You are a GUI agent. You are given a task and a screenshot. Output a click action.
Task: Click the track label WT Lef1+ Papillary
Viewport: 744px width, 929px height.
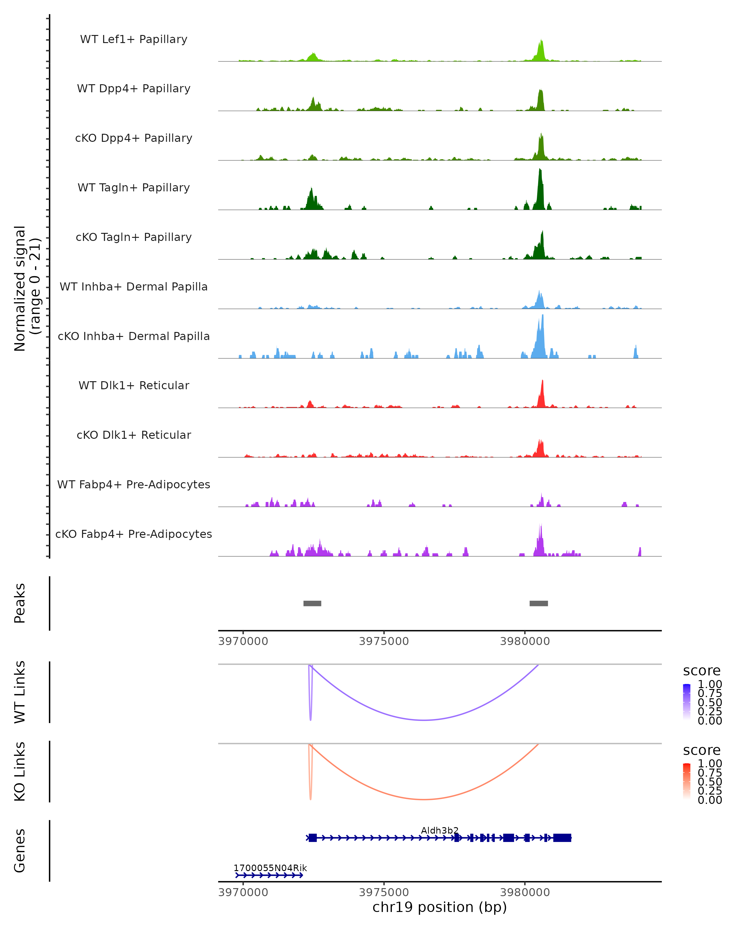point(134,39)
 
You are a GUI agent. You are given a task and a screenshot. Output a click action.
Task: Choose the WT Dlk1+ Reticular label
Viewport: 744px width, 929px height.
point(134,385)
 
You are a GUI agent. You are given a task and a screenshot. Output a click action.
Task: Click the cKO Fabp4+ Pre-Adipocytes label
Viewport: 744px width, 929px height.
point(134,534)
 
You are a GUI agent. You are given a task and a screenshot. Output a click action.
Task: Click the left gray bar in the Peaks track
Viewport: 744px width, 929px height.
point(312,603)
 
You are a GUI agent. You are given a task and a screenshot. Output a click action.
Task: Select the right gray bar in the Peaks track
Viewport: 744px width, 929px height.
point(539,603)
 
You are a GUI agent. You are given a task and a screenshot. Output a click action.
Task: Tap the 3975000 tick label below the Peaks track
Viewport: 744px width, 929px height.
point(383,641)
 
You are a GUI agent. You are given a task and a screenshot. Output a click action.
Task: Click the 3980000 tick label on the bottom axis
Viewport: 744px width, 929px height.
point(525,892)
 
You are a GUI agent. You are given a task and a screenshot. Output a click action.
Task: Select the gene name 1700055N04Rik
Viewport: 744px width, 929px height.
point(270,868)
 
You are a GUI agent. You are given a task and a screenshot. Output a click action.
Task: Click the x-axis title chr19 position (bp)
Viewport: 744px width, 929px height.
point(440,907)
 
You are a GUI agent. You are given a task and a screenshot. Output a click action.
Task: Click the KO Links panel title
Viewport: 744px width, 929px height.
point(20,772)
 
